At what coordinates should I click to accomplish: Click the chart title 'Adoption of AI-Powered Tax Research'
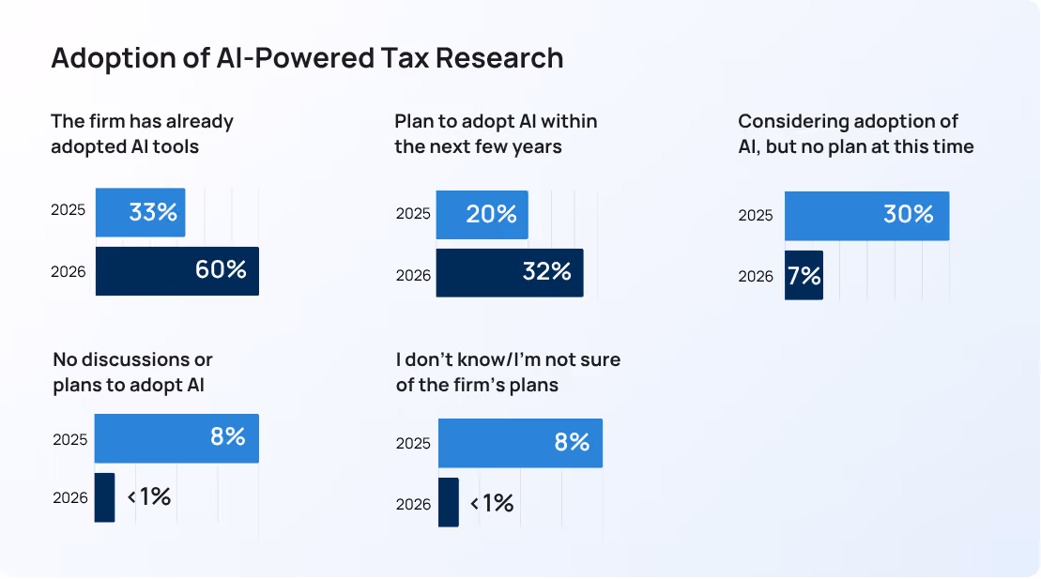pyautogui.click(x=307, y=58)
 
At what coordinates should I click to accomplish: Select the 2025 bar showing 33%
pyautogui.click(x=140, y=212)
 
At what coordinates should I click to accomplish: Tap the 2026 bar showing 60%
pyautogui.click(x=177, y=271)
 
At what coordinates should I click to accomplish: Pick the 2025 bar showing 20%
pyautogui.click(x=482, y=215)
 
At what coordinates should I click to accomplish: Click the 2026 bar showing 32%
pyautogui.click(x=510, y=273)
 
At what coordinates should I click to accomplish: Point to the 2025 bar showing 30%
pyautogui.click(x=867, y=216)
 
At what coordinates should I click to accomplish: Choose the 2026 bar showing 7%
pyautogui.click(x=804, y=275)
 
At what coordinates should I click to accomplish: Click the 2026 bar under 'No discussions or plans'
pyautogui.click(x=104, y=497)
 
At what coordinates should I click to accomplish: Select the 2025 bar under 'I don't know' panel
pyautogui.click(x=520, y=443)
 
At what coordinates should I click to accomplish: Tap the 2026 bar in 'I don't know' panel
pyautogui.click(x=448, y=503)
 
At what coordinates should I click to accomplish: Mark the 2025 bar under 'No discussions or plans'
pyautogui.click(x=176, y=438)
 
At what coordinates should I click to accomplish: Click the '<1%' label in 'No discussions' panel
pyautogui.click(x=149, y=496)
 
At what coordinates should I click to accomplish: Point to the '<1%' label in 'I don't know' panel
pyautogui.click(x=492, y=503)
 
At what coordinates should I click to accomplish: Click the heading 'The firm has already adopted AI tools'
pyautogui.click(x=142, y=133)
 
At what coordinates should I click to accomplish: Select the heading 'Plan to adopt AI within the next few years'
pyautogui.click(x=496, y=133)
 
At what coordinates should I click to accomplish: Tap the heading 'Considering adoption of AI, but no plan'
pyautogui.click(x=856, y=133)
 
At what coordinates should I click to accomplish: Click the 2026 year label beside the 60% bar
pyautogui.click(x=69, y=271)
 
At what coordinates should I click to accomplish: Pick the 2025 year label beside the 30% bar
pyautogui.click(x=756, y=215)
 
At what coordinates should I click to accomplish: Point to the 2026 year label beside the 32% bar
pyautogui.click(x=413, y=275)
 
